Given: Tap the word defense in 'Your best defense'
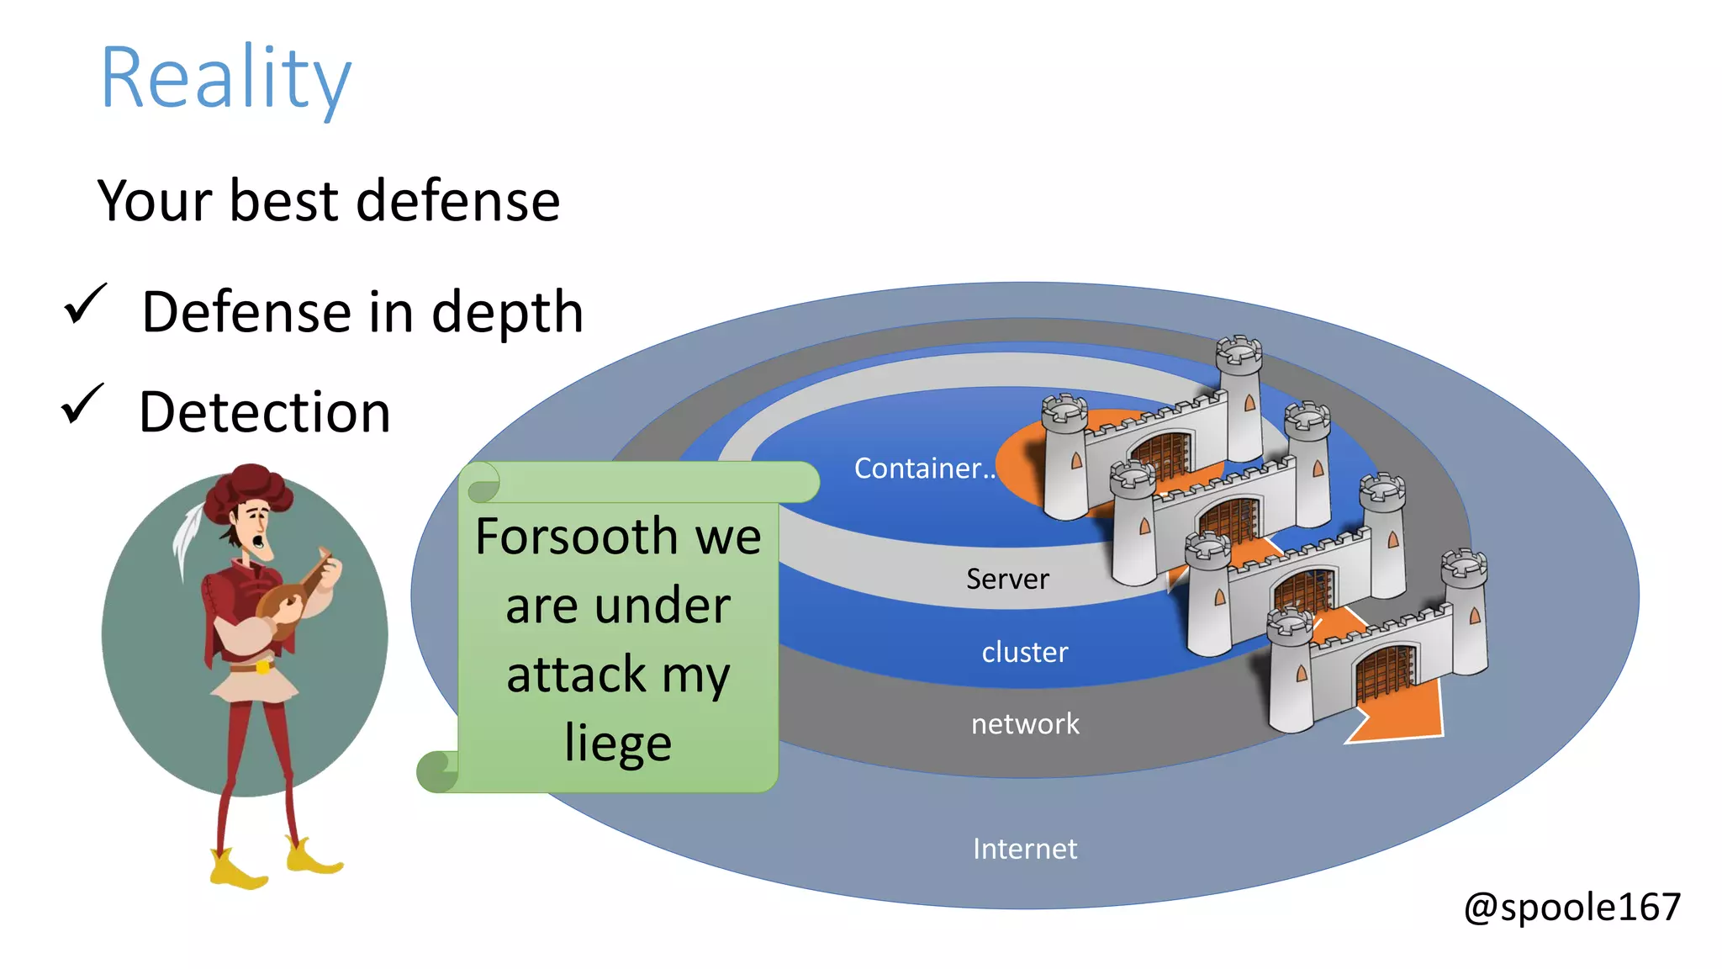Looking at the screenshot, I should [457, 201].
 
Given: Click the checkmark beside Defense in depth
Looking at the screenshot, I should [85, 304].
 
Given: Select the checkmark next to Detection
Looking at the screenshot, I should [82, 405].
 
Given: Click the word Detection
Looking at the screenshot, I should [264, 412].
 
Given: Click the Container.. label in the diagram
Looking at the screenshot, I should [923, 468].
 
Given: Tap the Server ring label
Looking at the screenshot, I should [1006, 579].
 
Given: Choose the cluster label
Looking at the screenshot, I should [1024, 652].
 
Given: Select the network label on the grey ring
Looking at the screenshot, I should [1024, 723].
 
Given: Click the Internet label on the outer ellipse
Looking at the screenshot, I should [1024, 849].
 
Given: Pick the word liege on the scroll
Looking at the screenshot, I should [618, 743].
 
